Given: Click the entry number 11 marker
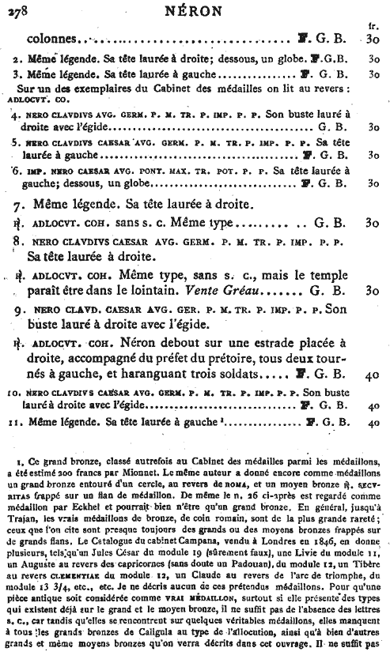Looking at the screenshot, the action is pyautogui.click(x=16, y=423).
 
